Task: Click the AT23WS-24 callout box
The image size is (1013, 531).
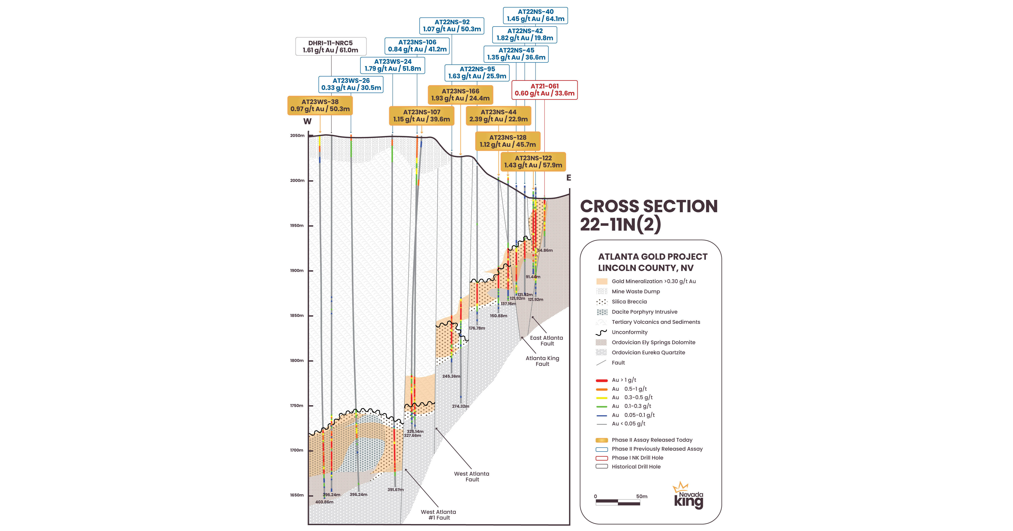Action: coord(393,65)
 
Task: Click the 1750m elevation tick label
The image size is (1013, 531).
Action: coord(297,405)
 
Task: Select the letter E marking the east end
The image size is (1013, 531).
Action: coord(568,178)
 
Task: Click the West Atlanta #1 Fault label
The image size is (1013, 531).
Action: coord(438,515)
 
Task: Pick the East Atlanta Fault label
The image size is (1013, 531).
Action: coord(546,341)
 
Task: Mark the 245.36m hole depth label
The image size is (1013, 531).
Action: coord(451,376)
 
